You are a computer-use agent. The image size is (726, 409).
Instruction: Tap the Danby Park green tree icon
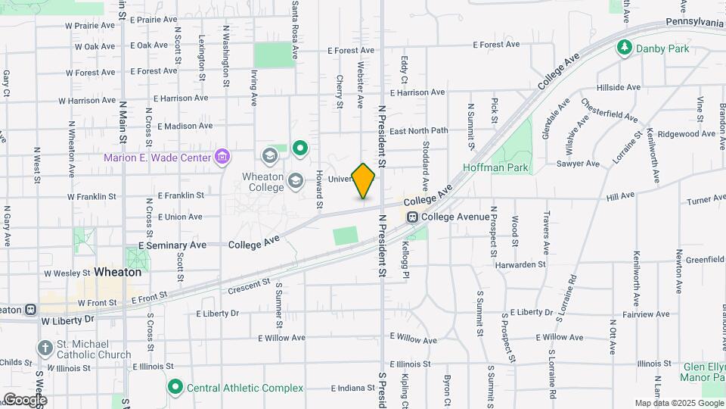point(625,48)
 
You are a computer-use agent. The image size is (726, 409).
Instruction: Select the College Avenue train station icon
point(413,217)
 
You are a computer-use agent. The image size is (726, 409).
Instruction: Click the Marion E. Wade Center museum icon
point(223,158)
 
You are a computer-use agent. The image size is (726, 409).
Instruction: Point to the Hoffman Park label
point(496,167)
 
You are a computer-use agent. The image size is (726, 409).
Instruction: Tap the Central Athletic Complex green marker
point(175,388)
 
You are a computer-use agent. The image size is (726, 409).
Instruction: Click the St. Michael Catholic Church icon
point(45,348)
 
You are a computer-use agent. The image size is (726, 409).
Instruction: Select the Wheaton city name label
point(119,272)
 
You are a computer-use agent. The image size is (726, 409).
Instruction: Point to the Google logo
point(24,399)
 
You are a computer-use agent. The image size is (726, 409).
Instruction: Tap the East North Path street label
point(419,131)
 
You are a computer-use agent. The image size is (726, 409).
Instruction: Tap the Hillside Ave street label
point(618,87)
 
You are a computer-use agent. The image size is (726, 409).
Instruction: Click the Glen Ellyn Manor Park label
point(703,371)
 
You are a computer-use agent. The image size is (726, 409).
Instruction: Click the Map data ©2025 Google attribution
point(678,403)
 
